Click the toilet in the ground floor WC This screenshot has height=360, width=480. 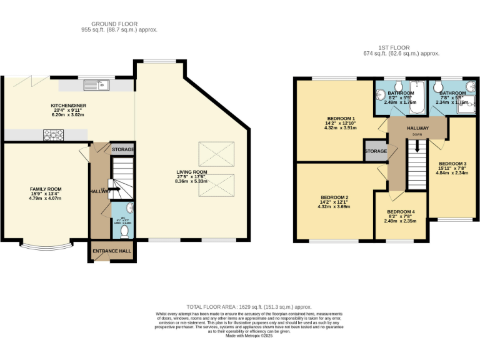coord(124,231)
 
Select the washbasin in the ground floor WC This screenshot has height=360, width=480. coord(129,208)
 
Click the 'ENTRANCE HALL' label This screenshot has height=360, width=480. coord(112,251)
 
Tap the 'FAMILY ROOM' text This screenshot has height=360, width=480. coord(46,189)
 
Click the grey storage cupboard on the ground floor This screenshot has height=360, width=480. coord(122,150)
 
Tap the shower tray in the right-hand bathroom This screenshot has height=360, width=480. coord(466,107)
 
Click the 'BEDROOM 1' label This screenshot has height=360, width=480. coord(341,119)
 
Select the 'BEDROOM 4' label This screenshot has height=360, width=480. coord(401,211)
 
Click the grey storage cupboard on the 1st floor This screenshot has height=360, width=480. coord(376,151)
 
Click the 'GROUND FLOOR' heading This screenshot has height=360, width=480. coord(119,24)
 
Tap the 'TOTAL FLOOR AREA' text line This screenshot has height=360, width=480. coord(240,307)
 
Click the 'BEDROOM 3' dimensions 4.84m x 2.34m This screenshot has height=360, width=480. coord(451,172)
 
